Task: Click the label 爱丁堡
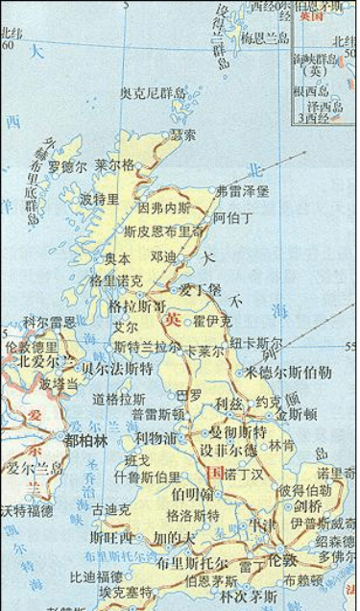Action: (202, 289)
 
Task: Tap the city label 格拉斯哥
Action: (135, 305)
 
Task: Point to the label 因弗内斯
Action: (164, 207)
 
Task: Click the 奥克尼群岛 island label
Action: (153, 93)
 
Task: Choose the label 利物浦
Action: (156, 438)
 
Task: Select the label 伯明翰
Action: (192, 494)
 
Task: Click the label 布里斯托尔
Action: (192, 563)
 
